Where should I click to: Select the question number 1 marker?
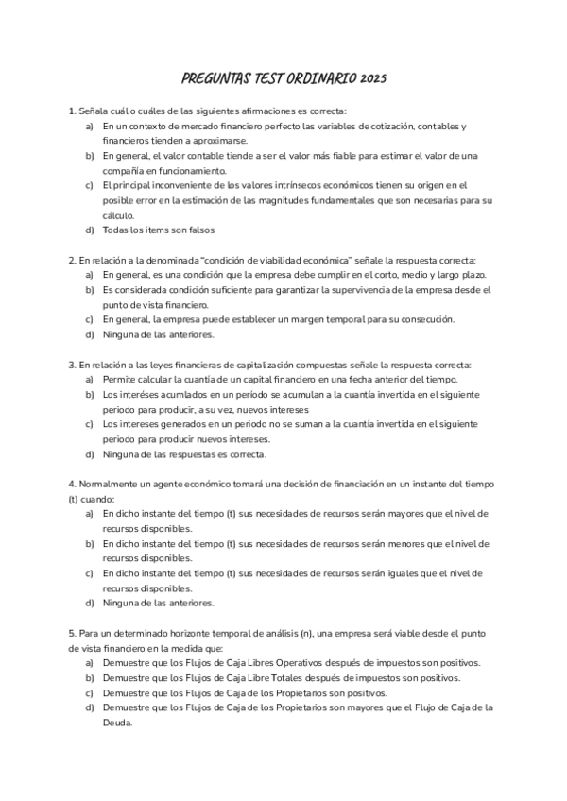pos(72,111)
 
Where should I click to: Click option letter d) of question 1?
pos(90,230)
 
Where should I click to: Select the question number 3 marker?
pos(72,364)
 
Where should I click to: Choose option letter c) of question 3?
pos(90,424)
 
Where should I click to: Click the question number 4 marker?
pos(72,484)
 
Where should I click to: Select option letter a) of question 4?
pos(90,513)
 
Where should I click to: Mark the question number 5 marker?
pos(72,632)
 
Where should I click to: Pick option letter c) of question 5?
pos(90,691)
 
